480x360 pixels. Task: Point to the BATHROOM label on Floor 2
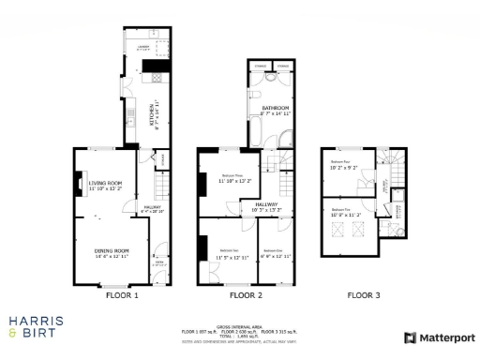click(x=274, y=110)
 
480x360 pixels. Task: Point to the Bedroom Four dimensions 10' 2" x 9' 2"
click(x=342, y=169)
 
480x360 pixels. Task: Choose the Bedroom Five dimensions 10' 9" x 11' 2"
click(x=343, y=215)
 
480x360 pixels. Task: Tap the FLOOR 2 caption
click(x=246, y=295)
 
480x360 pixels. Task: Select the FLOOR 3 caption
click(x=364, y=295)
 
